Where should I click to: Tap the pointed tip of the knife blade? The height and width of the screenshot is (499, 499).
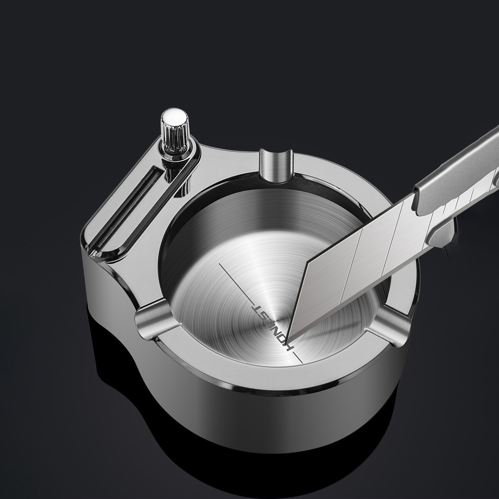pyautogui.click(x=292, y=336)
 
